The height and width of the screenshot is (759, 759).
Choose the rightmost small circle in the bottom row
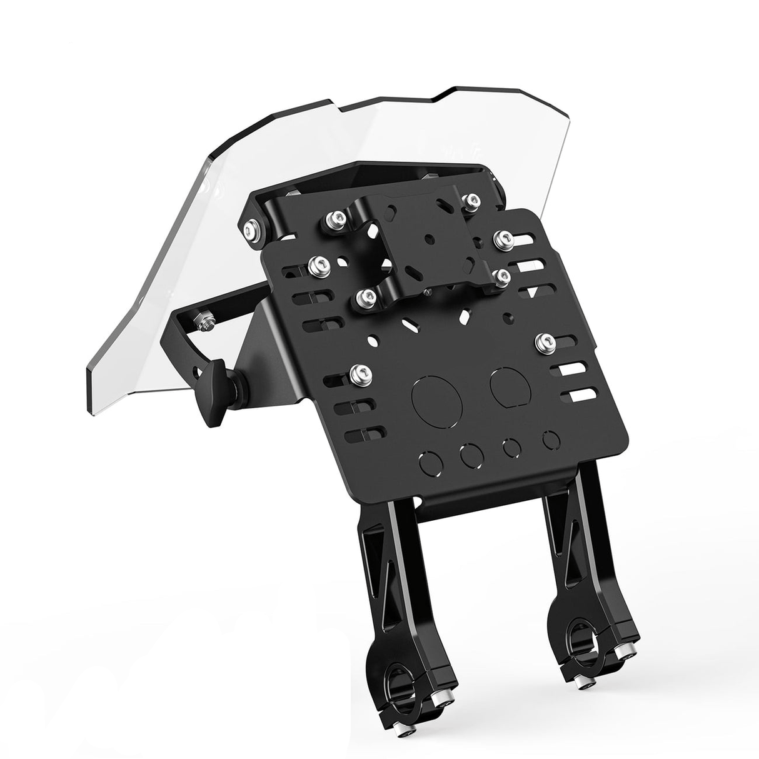550,440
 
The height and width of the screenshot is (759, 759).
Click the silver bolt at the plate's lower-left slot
361,375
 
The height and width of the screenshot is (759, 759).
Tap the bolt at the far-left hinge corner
253,229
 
